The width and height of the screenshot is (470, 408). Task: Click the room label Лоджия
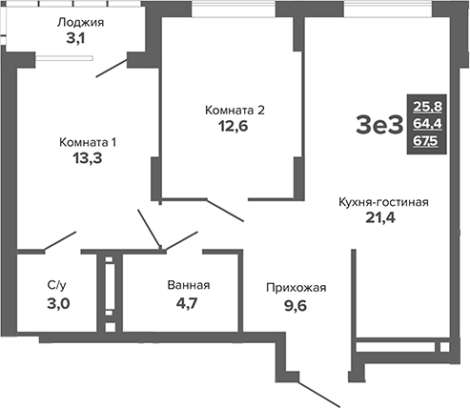80,23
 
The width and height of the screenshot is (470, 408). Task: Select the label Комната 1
88,142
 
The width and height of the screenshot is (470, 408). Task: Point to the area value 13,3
88,159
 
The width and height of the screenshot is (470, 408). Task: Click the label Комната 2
235,111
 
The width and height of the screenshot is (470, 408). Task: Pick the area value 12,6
235,128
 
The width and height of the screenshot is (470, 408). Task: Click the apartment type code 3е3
379,124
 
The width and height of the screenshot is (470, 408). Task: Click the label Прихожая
295,287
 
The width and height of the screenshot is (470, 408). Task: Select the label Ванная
188,285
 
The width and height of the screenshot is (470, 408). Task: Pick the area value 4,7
188,303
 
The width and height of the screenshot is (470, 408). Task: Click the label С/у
56,285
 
